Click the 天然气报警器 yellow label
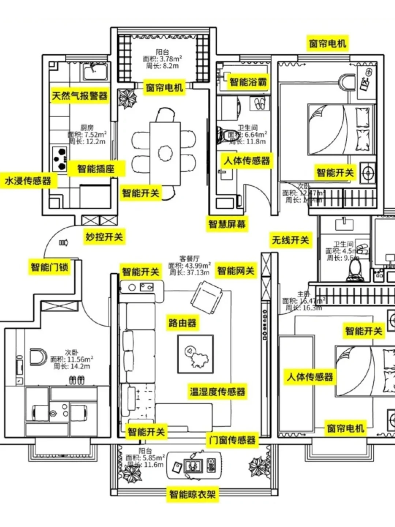[80, 96]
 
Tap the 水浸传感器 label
[28, 181]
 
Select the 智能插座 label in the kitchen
[96, 169]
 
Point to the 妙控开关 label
[104, 237]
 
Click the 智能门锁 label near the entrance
[49, 267]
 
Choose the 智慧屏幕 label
[227, 224]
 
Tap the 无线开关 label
[290, 240]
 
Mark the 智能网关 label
[236, 271]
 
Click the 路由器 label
[182, 323]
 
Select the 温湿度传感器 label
[217, 392]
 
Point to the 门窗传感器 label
[232, 440]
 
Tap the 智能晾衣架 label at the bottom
[192, 494]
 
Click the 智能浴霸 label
[248, 82]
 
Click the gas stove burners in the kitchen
[60, 159]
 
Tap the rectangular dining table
[165, 153]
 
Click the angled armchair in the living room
[206, 297]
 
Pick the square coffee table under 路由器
[196, 354]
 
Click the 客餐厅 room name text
[189, 259]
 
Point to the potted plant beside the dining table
[127, 98]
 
